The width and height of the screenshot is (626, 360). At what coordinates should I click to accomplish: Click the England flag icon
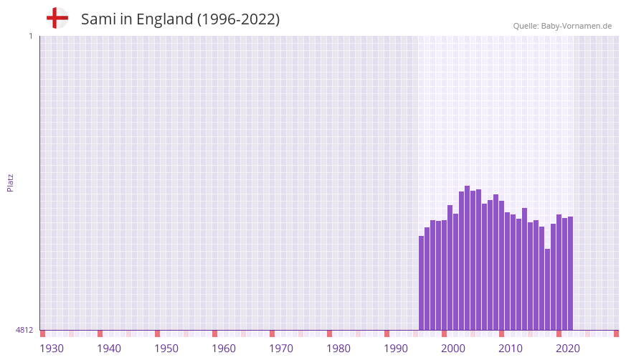coord(57,19)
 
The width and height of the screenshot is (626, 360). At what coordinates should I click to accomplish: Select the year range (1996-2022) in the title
coord(238,19)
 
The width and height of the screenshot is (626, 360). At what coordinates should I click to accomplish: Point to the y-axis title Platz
coord(10,182)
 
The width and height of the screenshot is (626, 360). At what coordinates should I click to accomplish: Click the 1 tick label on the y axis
coord(30,37)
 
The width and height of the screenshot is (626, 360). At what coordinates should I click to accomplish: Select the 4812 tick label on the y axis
coord(24,330)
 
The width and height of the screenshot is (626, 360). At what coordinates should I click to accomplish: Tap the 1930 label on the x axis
coord(52,349)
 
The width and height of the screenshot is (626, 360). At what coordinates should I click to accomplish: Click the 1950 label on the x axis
coord(166,349)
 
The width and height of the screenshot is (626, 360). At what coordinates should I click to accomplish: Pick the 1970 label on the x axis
coord(281,349)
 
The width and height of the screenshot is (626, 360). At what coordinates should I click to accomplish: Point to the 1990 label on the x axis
coord(396,349)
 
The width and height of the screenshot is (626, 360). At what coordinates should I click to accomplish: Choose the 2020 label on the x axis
coord(568,349)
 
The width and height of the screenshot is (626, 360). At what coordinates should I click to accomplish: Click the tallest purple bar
coord(467,258)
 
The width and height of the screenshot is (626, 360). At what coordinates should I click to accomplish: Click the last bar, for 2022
coord(570,273)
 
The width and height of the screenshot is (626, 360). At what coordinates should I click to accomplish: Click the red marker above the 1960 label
coord(214,333)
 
